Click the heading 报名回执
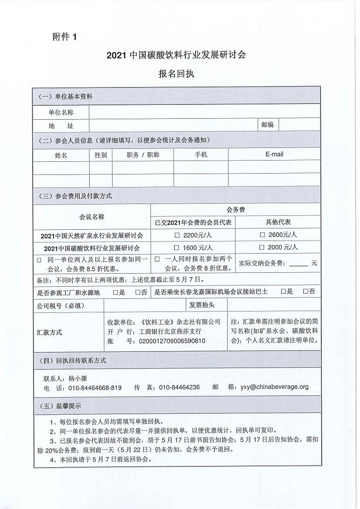click(x=176, y=74)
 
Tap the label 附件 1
click(x=64, y=37)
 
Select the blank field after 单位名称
click(x=205, y=112)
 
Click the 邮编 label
click(x=267, y=125)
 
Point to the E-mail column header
click(x=274, y=154)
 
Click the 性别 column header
click(x=101, y=155)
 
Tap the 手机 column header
click(x=201, y=154)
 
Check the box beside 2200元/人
click(x=177, y=235)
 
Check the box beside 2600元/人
click(x=262, y=235)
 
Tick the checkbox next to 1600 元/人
click(x=177, y=248)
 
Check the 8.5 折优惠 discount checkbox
click(x=39, y=260)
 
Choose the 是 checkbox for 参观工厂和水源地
click(x=115, y=292)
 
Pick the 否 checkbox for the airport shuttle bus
click(x=306, y=292)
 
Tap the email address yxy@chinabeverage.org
click(x=274, y=387)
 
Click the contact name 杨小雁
click(x=78, y=378)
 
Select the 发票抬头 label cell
click(x=202, y=305)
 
